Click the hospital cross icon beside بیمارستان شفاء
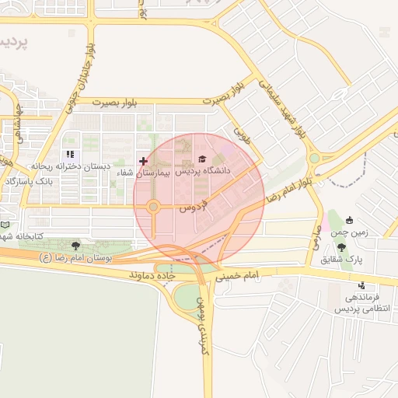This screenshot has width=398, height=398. click(143, 161)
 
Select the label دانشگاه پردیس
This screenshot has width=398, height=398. click(208, 169)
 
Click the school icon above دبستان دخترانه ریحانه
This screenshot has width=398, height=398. click(71, 155)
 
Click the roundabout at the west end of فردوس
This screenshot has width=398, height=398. click(153, 207)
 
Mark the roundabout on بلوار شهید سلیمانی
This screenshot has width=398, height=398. click(315, 159)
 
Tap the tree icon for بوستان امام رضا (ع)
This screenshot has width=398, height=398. click(75, 245)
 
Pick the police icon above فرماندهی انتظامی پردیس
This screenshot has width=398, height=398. click(361, 285)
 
